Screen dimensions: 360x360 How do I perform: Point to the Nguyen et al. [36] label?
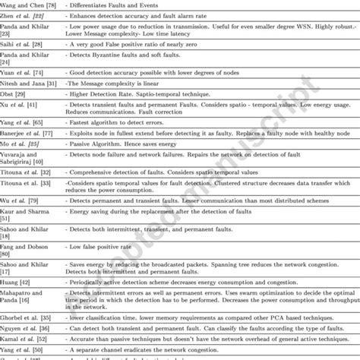(x=28, y=323)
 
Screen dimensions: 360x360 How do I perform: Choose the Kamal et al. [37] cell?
(x=27, y=333)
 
